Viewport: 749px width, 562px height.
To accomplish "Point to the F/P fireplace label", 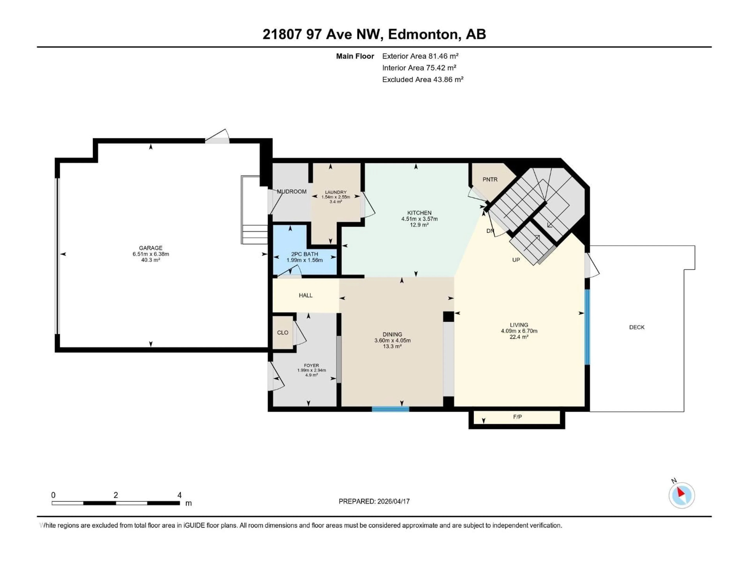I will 517,417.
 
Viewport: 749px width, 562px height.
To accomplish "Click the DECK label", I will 637,327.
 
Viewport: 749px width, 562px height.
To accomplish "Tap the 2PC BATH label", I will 304,254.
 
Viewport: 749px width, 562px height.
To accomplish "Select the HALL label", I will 305,295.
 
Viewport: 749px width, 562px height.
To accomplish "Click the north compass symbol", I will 682,495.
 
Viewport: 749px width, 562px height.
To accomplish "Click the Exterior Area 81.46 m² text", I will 420,56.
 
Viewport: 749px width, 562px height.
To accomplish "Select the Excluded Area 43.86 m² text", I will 423,80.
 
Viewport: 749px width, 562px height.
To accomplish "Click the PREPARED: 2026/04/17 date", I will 374,501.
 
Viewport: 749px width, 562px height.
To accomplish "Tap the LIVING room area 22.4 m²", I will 519,337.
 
